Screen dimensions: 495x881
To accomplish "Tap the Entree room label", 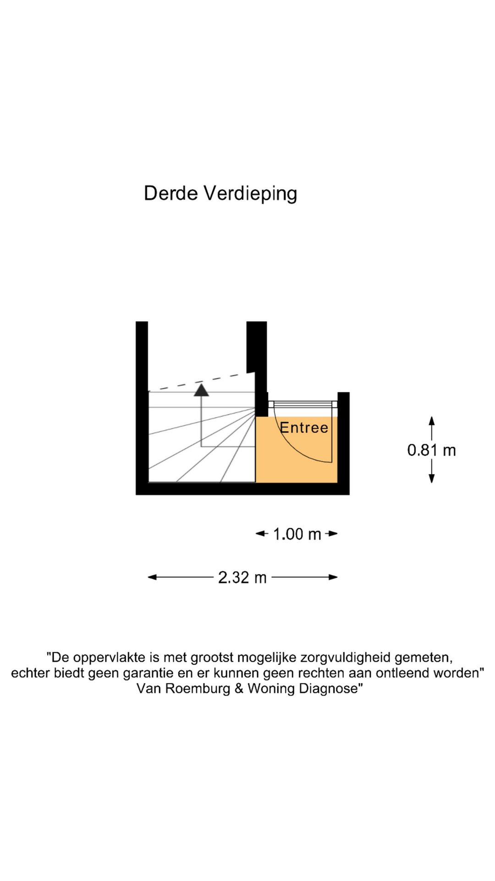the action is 304,428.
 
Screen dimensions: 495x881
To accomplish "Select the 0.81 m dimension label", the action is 432,450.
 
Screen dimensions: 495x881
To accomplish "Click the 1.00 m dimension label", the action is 297,534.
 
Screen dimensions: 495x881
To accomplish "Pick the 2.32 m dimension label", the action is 242,577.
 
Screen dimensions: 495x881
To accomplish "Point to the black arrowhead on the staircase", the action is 201,390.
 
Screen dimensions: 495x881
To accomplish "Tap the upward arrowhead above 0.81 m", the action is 431,421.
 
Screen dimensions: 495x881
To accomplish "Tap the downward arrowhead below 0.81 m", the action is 431,478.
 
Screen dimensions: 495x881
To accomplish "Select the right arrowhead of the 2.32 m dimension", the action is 333,577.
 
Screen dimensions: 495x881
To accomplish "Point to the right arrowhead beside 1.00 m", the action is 333,534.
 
